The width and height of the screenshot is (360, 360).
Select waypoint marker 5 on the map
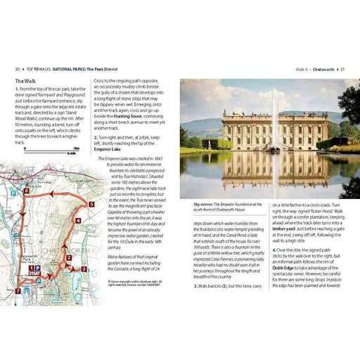pos(91,205)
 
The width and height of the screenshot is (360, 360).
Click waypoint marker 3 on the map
pos(83,269)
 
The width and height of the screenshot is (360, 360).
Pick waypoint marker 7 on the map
pos(18,290)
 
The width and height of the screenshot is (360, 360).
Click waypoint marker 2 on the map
pos(69,257)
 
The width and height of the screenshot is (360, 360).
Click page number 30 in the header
pos(17,69)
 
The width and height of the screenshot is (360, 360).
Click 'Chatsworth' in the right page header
pos(321,69)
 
